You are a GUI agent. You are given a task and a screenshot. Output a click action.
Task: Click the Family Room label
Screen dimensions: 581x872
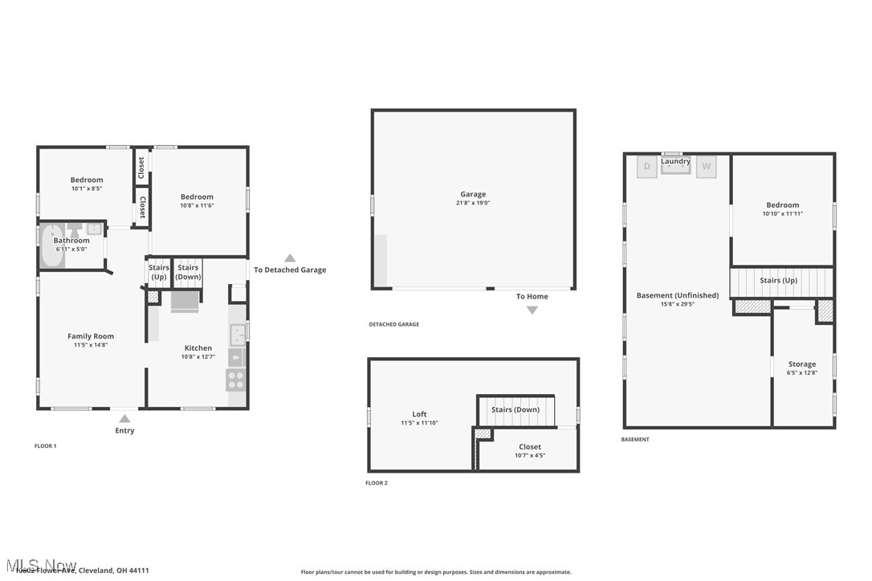click(x=91, y=336)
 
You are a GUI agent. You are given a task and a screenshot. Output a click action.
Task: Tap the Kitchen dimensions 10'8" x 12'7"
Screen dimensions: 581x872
click(x=198, y=356)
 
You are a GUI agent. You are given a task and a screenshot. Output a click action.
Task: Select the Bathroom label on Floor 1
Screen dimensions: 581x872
click(x=71, y=241)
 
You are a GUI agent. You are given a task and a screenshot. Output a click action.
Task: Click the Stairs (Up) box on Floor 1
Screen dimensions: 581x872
click(x=159, y=272)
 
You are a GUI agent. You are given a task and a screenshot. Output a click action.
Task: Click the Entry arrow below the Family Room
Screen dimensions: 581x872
click(x=124, y=418)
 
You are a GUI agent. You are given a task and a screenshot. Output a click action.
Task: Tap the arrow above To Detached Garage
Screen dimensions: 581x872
click(x=290, y=258)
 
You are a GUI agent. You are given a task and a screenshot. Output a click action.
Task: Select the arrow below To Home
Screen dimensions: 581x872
click(x=532, y=310)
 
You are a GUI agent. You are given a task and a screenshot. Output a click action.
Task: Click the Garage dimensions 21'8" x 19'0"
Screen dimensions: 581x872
click(x=473, y=203)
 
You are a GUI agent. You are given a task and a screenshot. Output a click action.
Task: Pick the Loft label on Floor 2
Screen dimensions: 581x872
click(x=419, y=414)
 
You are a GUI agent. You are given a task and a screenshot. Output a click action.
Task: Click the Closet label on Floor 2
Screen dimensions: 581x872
click(x=529, y=447)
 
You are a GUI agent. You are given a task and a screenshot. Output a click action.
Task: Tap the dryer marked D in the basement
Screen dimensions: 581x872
click(x=647, y=167)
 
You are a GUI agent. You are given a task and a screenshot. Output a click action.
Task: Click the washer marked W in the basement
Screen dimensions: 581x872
click(x=706, y=167)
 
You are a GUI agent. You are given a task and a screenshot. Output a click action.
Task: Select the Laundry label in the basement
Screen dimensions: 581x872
click(x=675, y=161)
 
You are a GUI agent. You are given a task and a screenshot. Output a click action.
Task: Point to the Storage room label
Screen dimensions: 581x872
click(x=801, y=364)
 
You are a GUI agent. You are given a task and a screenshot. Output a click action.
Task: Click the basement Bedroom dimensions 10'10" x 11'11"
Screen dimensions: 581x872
click(x=782, y=213)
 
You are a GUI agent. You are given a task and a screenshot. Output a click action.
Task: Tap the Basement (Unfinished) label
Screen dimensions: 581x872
click(x=666, y=295)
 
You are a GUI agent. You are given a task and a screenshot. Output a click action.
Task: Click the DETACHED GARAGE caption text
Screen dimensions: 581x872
click(x=393, y=324)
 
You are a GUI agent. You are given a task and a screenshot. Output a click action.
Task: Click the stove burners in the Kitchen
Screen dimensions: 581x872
click(x=236, y=380)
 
